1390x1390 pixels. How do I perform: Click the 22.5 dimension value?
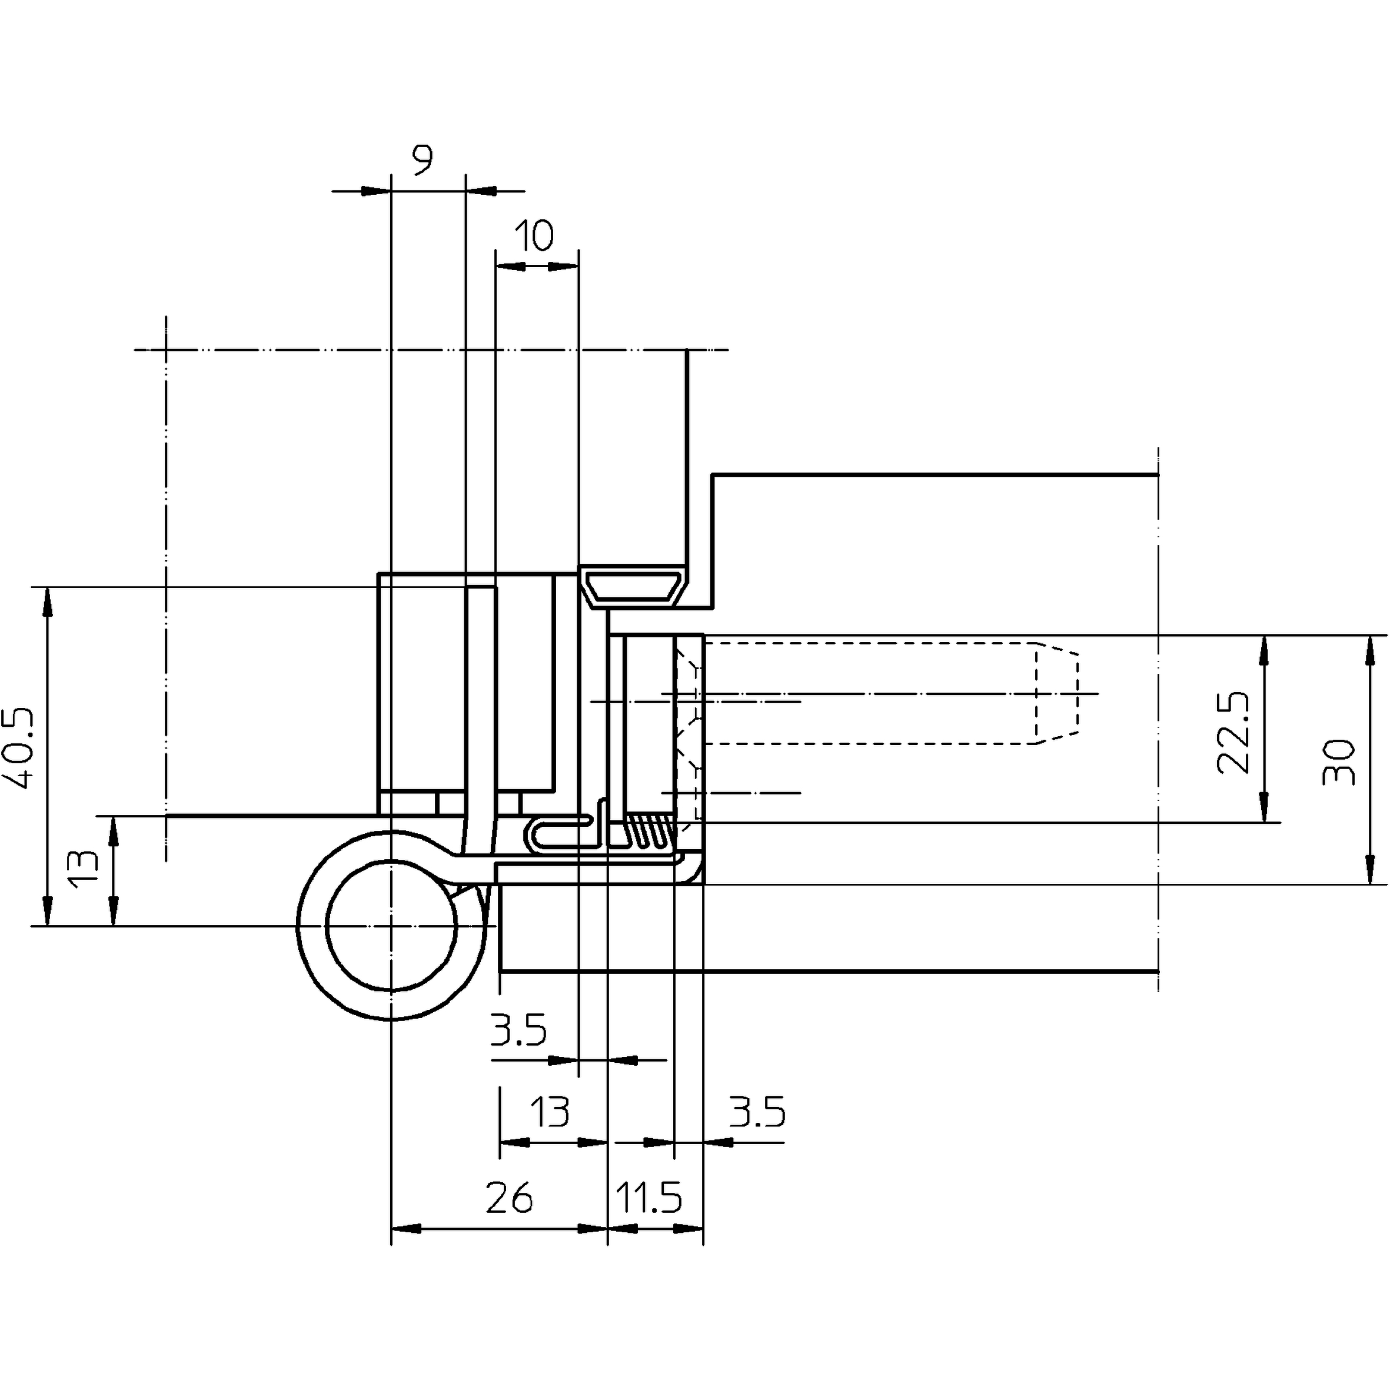tap(1232, 733)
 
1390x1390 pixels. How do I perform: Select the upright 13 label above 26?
tap(550, 1112)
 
